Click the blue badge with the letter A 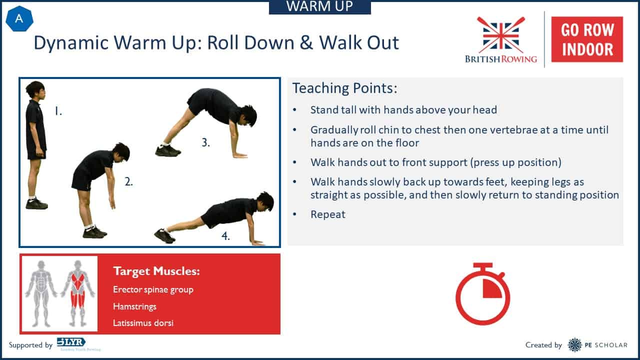(19, 19)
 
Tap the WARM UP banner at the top (320, 7)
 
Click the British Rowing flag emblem (501, 35)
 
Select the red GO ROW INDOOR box (587, 39)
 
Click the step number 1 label (58, 111)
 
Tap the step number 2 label (129, 181)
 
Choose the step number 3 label (205, 142)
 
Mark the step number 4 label (225, 236)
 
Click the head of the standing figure (36, 90)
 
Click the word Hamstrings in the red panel (134, 306)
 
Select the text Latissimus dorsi (143, 323)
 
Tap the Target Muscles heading (156, 271)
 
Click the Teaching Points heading (345, 88)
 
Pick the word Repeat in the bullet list (328, 214)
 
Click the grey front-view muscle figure (41, 293)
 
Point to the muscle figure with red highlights (77, 293)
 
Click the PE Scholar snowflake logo (574, 345)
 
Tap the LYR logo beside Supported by (71, 342)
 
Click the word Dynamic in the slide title (71, 43)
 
